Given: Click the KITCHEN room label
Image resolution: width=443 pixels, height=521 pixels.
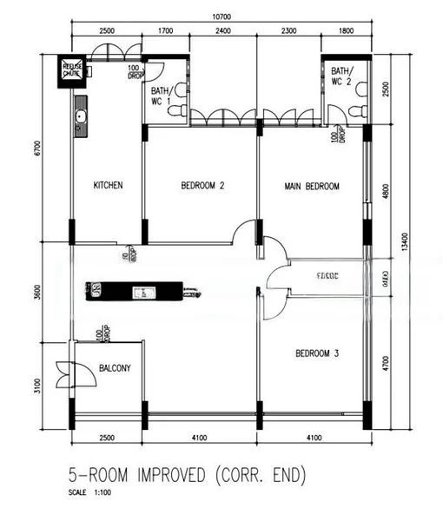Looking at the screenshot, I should [x=108, y=185].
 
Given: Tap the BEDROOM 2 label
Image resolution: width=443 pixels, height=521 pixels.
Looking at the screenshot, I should [x=203, y=185].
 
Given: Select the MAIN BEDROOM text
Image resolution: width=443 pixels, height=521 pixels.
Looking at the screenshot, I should [x=312, y=186].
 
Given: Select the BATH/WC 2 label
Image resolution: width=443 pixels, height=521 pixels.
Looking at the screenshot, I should [x=341, y=76].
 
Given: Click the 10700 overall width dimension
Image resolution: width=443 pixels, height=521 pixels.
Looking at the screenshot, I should [x=221, y=16].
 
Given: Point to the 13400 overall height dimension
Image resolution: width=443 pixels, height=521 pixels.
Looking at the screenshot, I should [x=426, y=244].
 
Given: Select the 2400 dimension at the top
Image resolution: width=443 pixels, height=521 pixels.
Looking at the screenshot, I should [x=223, y=30].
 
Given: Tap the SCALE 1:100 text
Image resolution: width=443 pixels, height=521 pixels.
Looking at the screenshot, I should [x=90, y=494].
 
